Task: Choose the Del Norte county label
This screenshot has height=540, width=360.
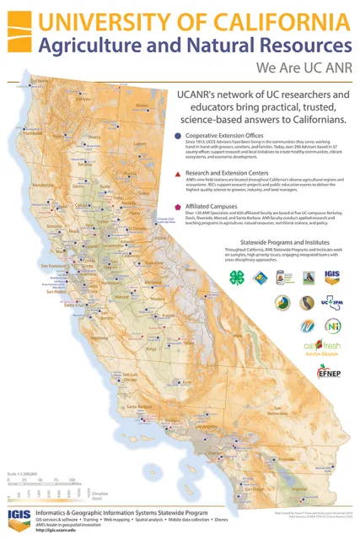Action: (39, 82)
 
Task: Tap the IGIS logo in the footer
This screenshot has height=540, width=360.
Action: (19, 517)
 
